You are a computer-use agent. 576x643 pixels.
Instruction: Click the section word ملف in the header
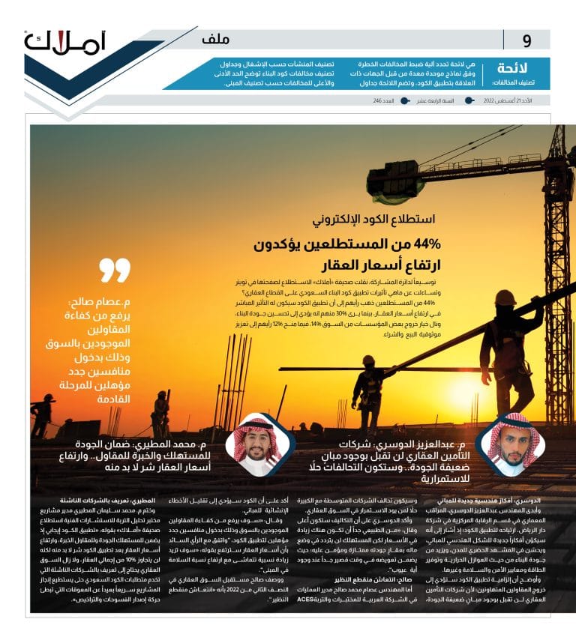[216, 40]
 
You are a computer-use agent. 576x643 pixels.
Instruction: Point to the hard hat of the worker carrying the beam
[505, 298]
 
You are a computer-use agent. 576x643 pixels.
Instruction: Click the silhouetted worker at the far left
[43, 414]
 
